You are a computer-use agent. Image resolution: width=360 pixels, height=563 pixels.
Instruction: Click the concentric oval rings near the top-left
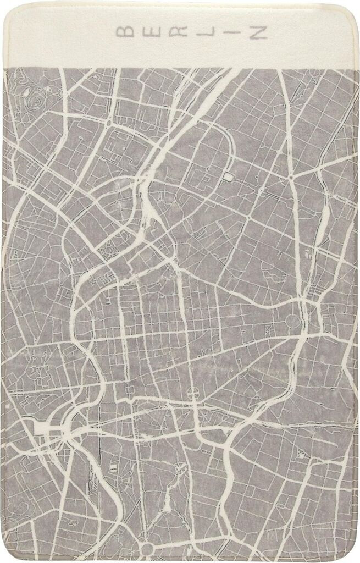coord(36,101)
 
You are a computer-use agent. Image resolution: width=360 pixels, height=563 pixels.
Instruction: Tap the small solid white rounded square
coord(228,176)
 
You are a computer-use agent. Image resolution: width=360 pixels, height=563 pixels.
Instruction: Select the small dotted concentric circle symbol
coord(109,251)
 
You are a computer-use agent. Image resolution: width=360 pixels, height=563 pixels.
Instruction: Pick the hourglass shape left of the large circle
coord(268,328)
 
